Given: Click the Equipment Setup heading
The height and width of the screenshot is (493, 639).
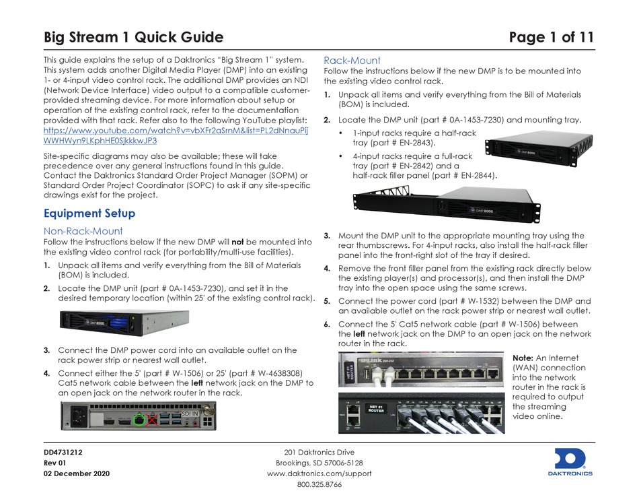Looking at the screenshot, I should pos(89,213).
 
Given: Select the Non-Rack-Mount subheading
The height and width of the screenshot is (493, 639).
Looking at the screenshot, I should pos(83,230).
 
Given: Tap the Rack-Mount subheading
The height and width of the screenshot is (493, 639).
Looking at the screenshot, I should pos(352,60).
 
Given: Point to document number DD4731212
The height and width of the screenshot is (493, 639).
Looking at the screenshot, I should pos(63,452).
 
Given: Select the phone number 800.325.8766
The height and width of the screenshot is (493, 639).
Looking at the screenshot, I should pos(319,484).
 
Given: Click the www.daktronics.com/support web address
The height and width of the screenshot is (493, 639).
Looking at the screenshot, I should pos(319,473).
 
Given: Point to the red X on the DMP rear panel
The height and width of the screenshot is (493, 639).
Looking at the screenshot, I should pos(154,420).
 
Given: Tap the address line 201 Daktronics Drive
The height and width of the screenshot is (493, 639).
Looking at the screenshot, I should pos(319,452).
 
